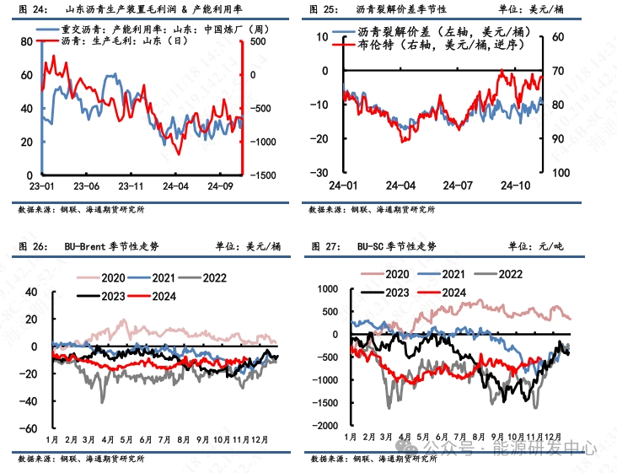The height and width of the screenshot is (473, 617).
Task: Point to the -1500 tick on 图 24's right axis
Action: (261, 175)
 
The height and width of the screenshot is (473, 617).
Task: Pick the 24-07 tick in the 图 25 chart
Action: (459, 185)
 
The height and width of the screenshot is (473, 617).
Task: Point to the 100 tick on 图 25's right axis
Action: (561, 173)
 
